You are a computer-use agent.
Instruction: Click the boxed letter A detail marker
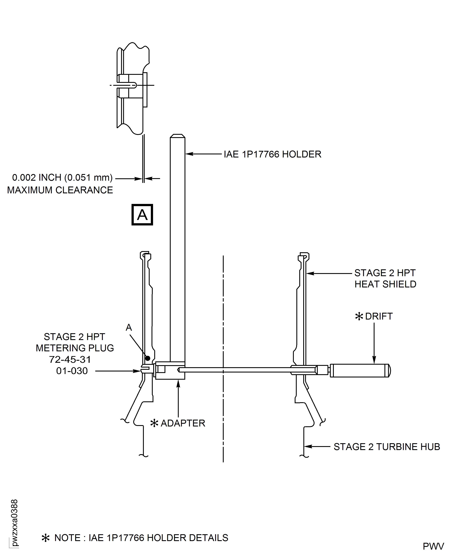click(x=142, y=215)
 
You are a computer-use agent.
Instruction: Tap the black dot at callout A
click(x=148, y=358)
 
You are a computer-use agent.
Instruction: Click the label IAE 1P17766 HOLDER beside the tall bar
click(x=272, y=154)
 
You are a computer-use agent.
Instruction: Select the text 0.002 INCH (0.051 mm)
click(x=62, y=178)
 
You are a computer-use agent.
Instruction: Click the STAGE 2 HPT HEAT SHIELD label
click(x=385, y=278)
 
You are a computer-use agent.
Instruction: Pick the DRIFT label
click(x=379, y=316)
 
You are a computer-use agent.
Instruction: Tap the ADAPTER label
click(x=183, y=423)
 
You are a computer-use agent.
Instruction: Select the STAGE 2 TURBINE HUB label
click(x=387, y=447)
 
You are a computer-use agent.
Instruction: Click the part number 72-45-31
click(x=70, y=359)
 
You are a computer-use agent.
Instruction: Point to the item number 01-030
click(x=72, y=371)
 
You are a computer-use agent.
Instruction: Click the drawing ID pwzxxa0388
click(x=15, y=523)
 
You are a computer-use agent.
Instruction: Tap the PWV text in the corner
click(x=433, y=546)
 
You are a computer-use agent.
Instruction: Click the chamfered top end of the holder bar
click(x=178, y=136)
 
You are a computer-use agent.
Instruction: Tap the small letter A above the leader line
click(x=129, y=327)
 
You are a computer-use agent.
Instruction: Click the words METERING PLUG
click(x=75, y=348)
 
